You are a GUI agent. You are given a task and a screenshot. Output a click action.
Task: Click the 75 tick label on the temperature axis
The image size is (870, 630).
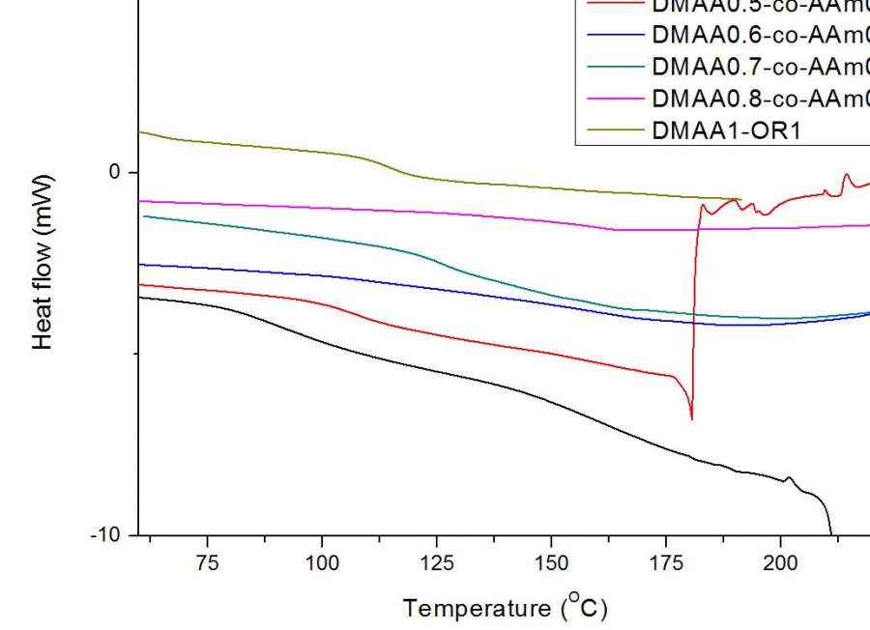207,564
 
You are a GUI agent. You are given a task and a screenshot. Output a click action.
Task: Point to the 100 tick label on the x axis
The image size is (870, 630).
322,564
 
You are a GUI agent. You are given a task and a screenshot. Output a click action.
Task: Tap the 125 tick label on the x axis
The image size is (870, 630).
436,564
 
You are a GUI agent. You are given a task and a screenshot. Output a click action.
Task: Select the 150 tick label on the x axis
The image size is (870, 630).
551,564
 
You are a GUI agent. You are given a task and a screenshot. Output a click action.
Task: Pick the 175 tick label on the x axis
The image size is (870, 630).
665,564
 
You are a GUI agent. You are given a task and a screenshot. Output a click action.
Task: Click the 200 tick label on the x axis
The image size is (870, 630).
779,564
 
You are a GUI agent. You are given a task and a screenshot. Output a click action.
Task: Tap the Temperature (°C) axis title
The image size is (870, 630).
506,608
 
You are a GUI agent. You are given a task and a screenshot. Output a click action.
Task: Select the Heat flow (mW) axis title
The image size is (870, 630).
43,262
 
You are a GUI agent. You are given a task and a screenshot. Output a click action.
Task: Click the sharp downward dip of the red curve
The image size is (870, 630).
691,417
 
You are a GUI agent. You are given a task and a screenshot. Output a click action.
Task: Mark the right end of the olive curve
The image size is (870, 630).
739,199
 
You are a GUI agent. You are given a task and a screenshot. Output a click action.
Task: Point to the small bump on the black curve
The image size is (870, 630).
790,477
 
